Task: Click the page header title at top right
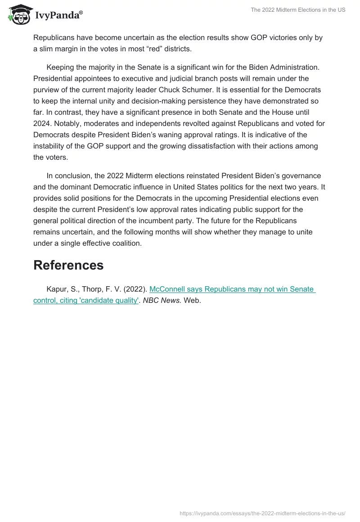(298, 10)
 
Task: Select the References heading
(68, 265)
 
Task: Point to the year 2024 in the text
(43, 124)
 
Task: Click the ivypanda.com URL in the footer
(262, 513)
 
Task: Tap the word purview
(47, 90)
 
